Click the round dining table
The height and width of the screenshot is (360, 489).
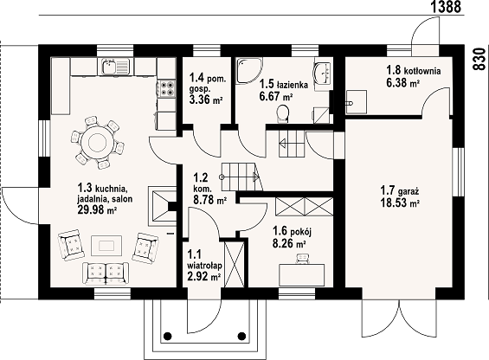tap(97, 143)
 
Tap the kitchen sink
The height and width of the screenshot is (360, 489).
tap(115, 67)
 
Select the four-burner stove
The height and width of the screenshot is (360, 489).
tap(167, 88)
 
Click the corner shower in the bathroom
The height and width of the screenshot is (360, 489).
tap(249, 70)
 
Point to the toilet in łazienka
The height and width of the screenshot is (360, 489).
tap(283, 113)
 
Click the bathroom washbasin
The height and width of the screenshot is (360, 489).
tap(323, 73)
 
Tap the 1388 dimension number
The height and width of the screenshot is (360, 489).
tap(446, 7)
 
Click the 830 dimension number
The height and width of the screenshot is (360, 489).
tap(479, 59)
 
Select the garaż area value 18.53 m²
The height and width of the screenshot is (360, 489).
tap(400, 203)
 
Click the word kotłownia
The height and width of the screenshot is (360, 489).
tap(422, 71)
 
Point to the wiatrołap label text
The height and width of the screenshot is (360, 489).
tap(204, 266)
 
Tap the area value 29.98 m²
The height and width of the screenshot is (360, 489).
tap(97, 210)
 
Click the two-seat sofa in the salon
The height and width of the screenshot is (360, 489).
tap(106, 273)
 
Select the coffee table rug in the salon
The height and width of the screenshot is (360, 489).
tap(106, 246)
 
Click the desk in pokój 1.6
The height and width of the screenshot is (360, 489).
tap(302, 274)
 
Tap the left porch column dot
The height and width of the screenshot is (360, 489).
tap(167, 336)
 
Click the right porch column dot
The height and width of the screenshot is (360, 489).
tap(241, 336)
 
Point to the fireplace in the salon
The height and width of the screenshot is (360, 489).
tap(163, 206)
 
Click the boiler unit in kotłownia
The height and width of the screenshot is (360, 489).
tap(357, 102)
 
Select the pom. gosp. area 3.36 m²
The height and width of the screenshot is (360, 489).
tap(206, 100)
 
